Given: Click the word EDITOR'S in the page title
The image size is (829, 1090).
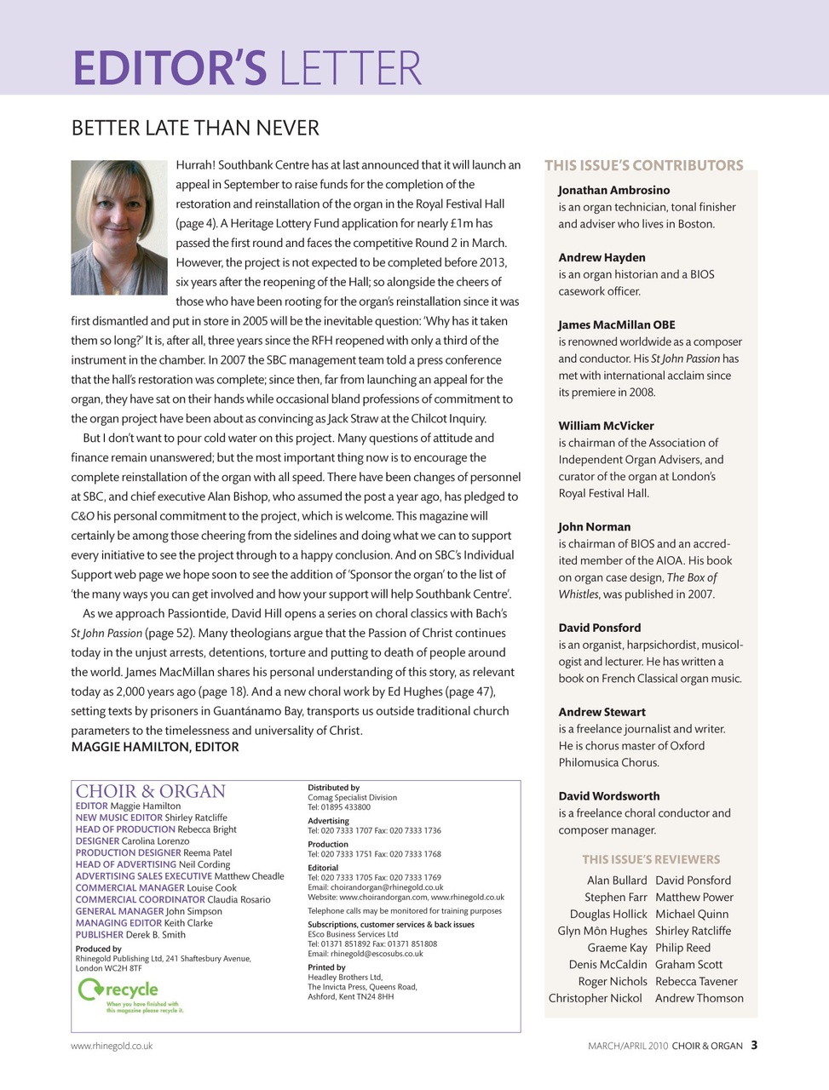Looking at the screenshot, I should tap(170, 68).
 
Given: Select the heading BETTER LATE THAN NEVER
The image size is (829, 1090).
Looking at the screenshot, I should tap(195, 129).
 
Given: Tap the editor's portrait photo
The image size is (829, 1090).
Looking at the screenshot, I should tap(118, 227).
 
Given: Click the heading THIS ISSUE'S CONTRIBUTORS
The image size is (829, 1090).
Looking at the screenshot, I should tap(643, 165).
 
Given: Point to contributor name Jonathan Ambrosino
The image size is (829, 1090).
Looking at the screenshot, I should tap(613, 190).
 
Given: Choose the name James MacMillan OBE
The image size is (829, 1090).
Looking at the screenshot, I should tap(616, 324).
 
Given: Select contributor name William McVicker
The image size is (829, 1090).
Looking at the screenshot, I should tap(606, 426).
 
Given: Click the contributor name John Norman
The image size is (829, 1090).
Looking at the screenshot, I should tap(594, 526).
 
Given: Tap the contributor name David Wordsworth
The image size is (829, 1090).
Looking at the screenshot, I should tap(608, 796).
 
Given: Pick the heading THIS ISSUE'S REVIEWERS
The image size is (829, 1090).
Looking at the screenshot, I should tap(651, 859).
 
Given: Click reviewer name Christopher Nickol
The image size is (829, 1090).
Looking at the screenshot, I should tap(595, 998).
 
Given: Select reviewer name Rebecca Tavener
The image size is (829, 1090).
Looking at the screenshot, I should tap(696, 981).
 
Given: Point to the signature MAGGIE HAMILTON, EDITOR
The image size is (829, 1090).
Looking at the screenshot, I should tap(155, 747).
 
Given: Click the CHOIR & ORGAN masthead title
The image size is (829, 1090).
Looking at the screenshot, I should tap(151, 791).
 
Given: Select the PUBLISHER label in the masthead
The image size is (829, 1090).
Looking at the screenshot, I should tap(100, 934).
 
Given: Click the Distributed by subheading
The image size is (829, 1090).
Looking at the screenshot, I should tap(333, 788).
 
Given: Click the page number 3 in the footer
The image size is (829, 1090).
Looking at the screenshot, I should tap(754, 1045).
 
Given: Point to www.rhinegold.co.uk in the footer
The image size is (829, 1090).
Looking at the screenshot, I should tap(112, 1046).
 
